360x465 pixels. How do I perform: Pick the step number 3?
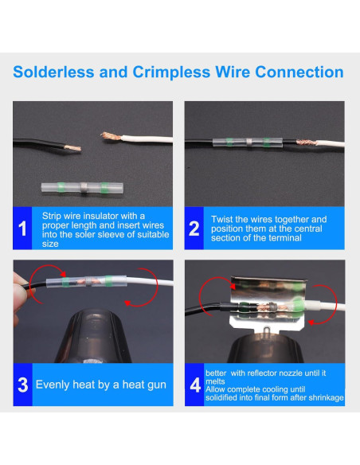pos(24,385)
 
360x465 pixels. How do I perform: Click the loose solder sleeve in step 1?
pos(74,190)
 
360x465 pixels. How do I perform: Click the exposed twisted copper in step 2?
pos(298,144)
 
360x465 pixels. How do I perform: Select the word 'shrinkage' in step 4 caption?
pos(324,397)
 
